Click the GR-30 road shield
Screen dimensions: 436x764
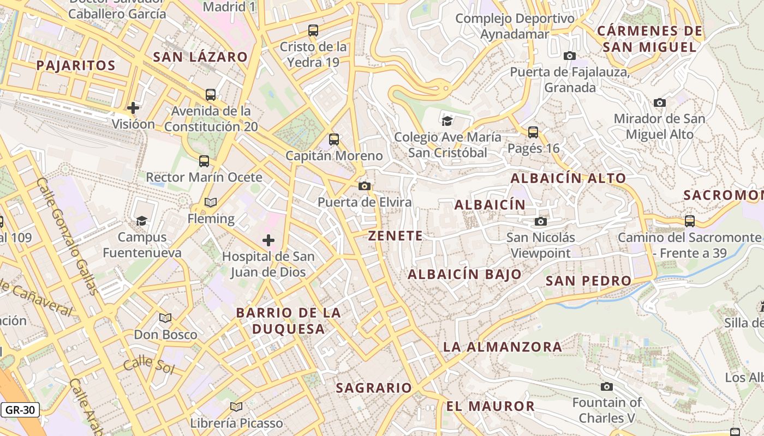click(x=21, y=410)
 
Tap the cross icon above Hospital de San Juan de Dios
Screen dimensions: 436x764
click(x=268, y=240)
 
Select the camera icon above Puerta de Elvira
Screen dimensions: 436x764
click(x=365, y=186)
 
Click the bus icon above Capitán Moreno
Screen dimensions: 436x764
click(x=334, y=140)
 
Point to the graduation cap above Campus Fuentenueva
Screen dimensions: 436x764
click(x=142, y=221)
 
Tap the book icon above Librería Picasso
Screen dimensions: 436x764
click(x=236, y=407)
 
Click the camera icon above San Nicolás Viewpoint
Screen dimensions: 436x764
click(x=541, y=221)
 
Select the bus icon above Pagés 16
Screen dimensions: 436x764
click(x=533, y=132)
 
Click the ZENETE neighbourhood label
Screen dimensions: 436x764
click(x=395, y=236)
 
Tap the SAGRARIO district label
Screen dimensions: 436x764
click(x=374, y=388)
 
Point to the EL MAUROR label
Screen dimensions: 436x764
click(x=490, y=406)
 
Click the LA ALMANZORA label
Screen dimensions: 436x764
click(x=502, y=347)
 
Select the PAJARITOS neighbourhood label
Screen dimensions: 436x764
click(x=76, y=66)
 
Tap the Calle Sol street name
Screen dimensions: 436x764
click(x=148, y=365)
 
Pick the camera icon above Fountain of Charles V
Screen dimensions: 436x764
click(x=606, y=387)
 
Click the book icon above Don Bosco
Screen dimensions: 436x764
click(x=165, y=318)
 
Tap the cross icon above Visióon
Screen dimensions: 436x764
click(x=133, y=107)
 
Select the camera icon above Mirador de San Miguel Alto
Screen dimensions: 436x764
click(x=659, y=102)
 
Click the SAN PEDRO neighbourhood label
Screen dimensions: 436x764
click(x=588, y=281)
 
